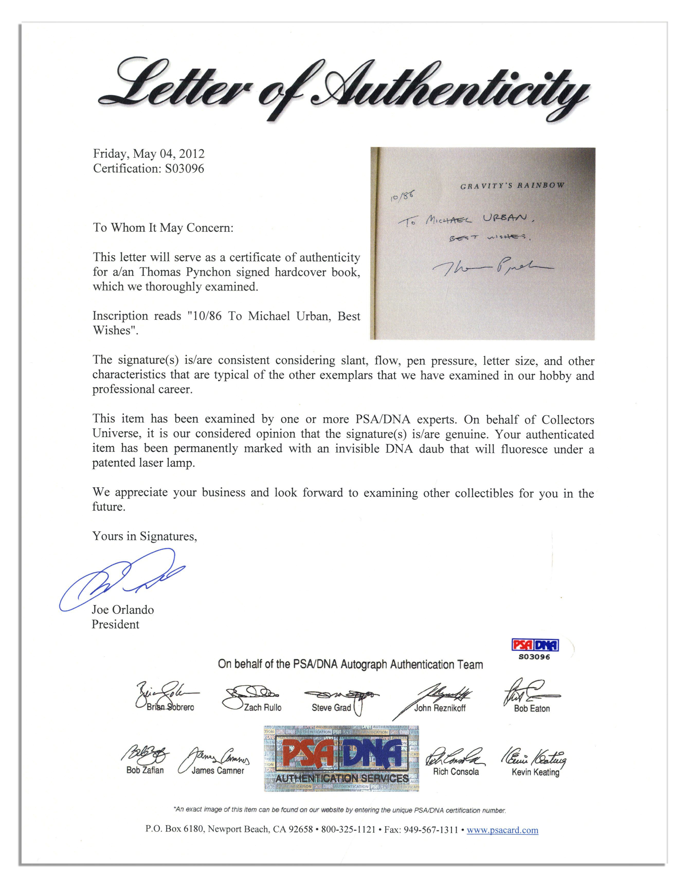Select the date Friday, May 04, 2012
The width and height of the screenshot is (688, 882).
pos(149,154)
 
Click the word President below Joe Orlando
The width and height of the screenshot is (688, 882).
pos(115,624)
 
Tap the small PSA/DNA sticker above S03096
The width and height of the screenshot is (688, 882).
pos(535,645)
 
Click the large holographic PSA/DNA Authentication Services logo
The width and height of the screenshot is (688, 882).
pos(341,758)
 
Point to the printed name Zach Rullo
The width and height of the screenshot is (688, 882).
pos(262,708)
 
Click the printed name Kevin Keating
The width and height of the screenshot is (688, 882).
pos(535,772)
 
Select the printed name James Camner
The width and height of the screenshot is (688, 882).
pos(218,770)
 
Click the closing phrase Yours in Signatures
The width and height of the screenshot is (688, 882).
pos(145,536)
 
